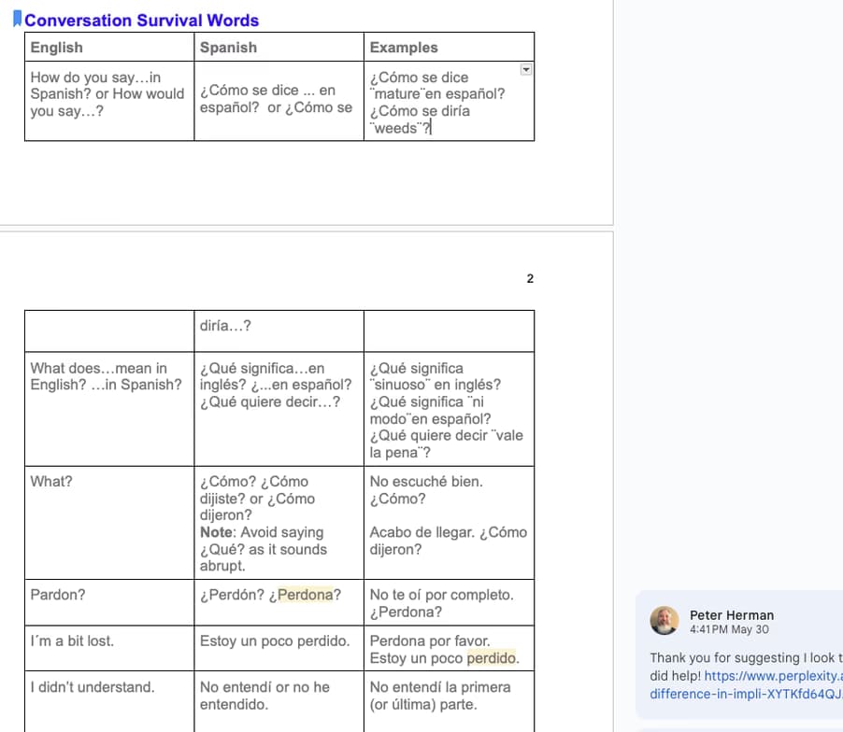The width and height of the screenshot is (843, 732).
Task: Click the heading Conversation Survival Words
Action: click(141, 21)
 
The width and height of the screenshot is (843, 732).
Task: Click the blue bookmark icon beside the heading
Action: click(17, 20)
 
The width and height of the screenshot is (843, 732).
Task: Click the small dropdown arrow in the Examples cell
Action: click(525, 69)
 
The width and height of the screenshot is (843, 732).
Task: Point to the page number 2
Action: click(530, 278)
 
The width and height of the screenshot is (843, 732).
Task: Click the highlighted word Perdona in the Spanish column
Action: click(305, 595)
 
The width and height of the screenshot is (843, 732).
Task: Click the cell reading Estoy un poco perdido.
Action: click(275, 641)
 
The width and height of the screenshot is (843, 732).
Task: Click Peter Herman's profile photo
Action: click(664, 620)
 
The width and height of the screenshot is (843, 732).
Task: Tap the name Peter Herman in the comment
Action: click(731, 614)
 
